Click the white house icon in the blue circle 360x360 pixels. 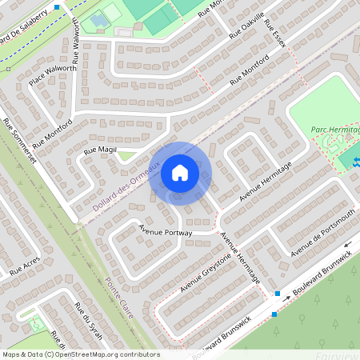180,172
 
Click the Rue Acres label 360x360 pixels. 26,266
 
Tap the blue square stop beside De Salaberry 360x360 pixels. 57,6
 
